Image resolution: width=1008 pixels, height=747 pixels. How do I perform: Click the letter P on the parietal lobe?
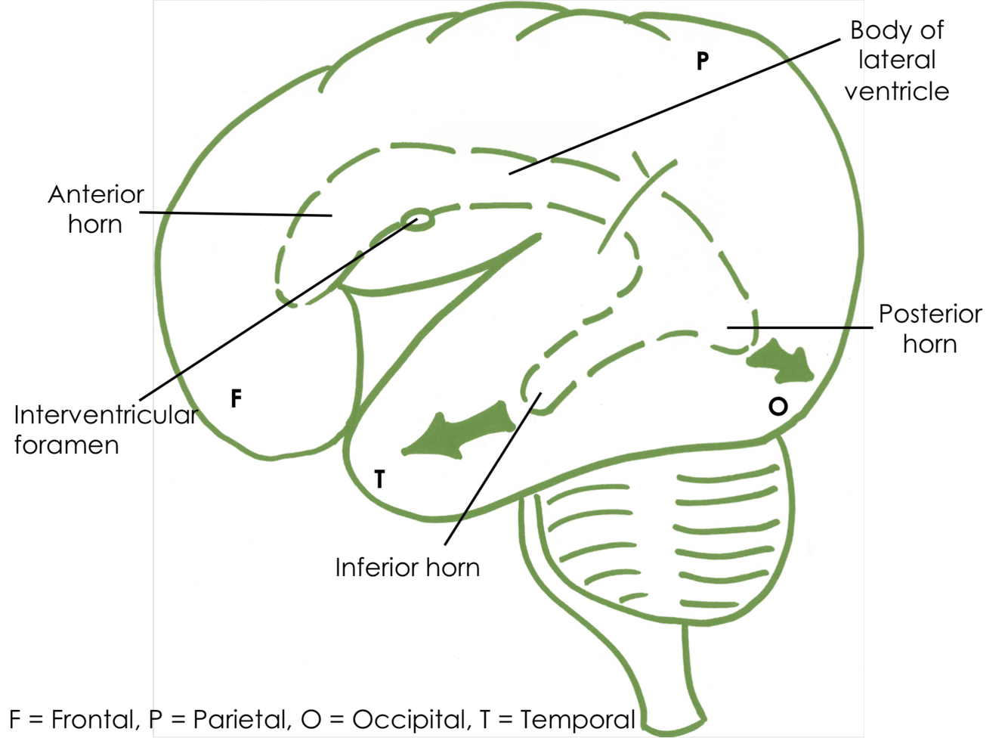pyautogui.click(x=703, y=60)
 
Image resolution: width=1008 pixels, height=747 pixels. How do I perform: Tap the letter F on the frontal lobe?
pyautogui.click(x=236, y=398)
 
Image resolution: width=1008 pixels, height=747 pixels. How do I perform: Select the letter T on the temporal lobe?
pyautogui.click(x=379, y=479)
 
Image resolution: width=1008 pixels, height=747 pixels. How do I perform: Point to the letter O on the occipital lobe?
pyautogui.click(x=778, y=407)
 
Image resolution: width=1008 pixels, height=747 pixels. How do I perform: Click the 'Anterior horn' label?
pyautogui.click(x=96, y=209)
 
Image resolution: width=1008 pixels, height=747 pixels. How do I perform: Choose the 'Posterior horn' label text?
pyautogui.click(x=930, y=329)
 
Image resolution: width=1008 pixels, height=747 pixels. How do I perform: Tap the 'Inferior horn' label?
pyautogui.click(x=407, y=568)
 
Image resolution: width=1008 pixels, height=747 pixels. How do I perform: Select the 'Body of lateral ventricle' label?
pyautogui.click(x=897, y=60)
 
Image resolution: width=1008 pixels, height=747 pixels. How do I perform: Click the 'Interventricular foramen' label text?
pyautogui.click(x=104, y=429)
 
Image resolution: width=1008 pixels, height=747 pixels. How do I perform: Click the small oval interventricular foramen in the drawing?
pyautogui.click(x=418, y=219)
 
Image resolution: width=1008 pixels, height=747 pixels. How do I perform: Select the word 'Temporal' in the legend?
pyautogui.click(x=577, y=720)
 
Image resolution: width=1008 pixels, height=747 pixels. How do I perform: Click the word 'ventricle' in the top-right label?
pyautogui.click(x=897, y=91)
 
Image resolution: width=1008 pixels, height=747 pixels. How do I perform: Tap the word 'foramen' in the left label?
pyautogui.click(x=66, y=445)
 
